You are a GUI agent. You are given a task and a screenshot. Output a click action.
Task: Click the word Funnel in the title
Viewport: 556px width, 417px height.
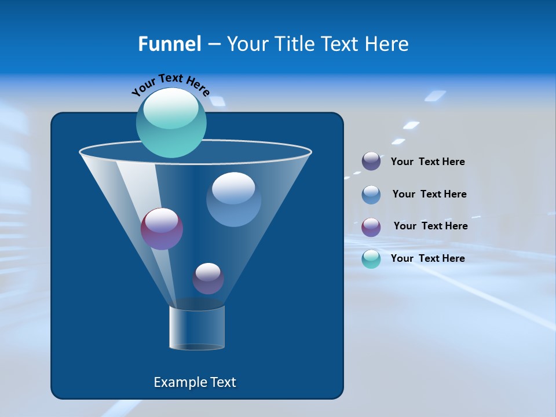click(169, 44)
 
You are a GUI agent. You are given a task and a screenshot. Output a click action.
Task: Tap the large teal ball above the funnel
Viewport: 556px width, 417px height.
click(171, 125)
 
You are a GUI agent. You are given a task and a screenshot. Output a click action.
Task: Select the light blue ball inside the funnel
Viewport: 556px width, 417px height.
click(233, 199)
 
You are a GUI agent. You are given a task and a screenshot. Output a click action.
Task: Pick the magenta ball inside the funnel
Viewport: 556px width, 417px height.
click(162, 229)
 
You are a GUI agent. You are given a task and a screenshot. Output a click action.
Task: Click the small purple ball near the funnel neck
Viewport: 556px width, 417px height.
click(208, 279)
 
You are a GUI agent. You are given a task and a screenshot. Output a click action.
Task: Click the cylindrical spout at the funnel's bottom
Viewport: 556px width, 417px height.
click(197, 328)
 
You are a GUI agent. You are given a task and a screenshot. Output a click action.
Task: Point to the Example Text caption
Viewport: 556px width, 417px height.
click(195, 382)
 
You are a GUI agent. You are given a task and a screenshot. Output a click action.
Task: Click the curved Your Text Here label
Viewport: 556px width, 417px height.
click(170, 85)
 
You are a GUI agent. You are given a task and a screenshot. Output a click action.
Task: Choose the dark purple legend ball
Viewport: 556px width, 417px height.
click(371, 162)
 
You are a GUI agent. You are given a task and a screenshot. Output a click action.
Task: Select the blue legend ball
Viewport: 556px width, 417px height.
click(371, 195)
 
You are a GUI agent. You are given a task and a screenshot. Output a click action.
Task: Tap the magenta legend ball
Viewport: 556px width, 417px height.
click(371, 227)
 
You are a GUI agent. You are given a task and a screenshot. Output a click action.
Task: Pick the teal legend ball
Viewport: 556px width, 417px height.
click(371, 259)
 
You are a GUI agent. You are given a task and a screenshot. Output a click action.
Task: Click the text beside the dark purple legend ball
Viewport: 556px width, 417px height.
click(427, 162)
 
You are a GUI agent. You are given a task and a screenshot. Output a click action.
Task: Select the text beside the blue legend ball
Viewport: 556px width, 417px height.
click(429, 195)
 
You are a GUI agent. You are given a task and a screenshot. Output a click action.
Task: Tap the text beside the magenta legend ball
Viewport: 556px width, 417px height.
click(430, 226)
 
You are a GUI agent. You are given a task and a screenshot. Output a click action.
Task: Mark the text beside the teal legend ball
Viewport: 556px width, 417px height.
click(427, 259)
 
